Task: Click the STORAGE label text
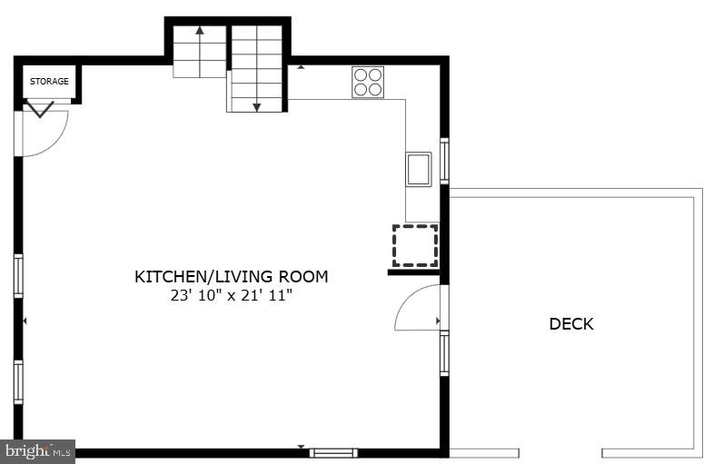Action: (x=49, y=82)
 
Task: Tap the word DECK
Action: (x=571, y=323)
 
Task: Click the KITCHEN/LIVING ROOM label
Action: (x=232, y=276)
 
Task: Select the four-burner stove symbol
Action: (x=368, y=82)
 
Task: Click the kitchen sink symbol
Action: (x=418, y=169)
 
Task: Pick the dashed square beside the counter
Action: (x=415, y=245)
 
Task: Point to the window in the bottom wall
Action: (x=333, y=452)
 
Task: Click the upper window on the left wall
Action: (x=18, y=275)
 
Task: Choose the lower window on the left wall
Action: (x=18, y=381)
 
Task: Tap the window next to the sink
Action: (x=444, y=160)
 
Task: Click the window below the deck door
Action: (x=444, y=353)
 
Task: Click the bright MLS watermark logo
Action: (x=38, y=451)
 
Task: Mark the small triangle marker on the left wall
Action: (x=25, y=321)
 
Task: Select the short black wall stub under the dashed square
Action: (x=414, y=271)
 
